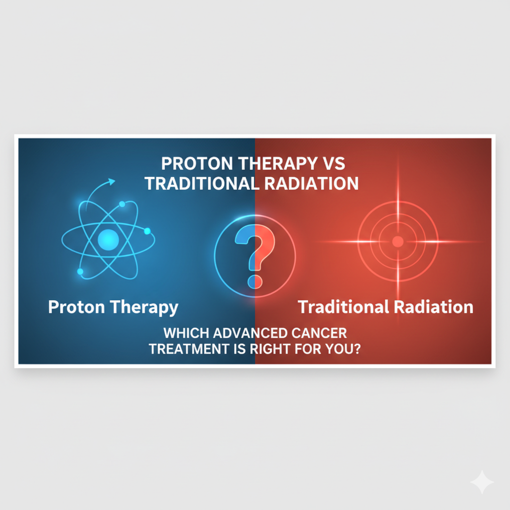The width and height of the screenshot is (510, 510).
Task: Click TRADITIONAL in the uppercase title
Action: [202, 183]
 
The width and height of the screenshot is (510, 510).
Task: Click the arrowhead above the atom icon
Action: [112, 181]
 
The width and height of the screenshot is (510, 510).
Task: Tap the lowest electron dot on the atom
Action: [80, 271]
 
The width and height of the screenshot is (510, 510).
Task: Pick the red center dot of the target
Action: [397, 242]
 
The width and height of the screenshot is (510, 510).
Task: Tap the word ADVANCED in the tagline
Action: [253, 332]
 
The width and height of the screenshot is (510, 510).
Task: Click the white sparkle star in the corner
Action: [482, 482]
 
